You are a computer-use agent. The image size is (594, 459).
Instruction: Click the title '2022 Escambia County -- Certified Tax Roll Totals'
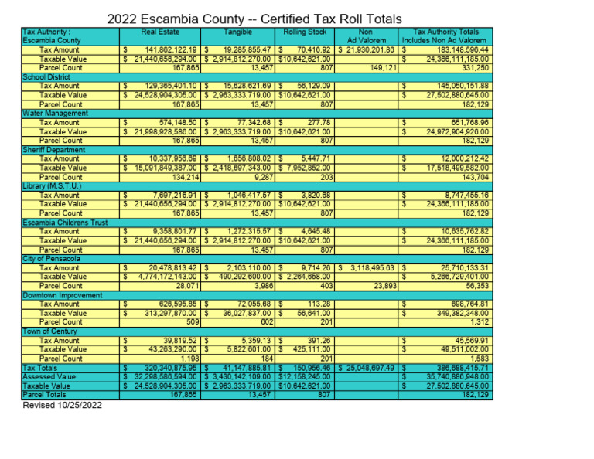click(x=254, y=19)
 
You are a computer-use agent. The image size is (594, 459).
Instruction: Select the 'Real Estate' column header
click(x=161, y=32)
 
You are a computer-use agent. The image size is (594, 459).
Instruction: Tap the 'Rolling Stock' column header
click(x=305, y=32)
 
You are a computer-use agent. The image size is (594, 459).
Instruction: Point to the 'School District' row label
click(x=46, y=76)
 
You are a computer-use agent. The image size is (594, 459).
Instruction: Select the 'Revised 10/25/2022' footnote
click(x=62, y=405)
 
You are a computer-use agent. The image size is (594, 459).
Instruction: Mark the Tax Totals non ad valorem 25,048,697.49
click(x=370, y=368)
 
